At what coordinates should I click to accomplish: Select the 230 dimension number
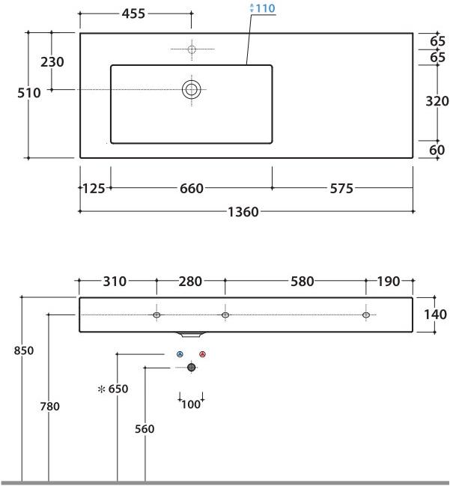52,62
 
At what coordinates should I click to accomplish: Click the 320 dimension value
437,101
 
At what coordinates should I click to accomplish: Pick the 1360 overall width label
243,212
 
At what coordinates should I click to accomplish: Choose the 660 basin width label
191,189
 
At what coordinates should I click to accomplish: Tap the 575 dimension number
341,189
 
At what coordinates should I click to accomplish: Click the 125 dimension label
94,189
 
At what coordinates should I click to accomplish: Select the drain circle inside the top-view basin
192,90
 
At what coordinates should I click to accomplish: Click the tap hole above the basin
192,49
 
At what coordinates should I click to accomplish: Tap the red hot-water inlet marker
203,354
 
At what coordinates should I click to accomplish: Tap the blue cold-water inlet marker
179,354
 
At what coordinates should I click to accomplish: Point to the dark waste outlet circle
191,367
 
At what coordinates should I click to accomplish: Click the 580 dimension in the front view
302,282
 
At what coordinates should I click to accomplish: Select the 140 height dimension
435,315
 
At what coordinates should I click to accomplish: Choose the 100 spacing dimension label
191,404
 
